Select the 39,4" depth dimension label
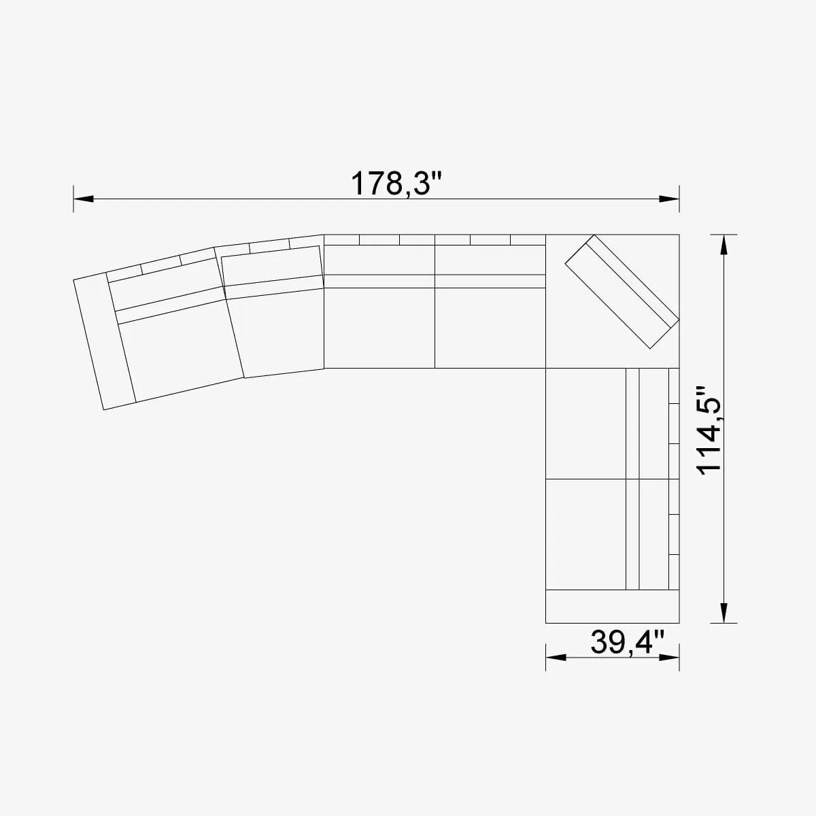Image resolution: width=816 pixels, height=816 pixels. [627, 642]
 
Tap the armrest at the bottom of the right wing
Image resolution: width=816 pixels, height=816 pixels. [612, 606]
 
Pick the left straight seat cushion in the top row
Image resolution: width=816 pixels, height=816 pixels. [379, 328]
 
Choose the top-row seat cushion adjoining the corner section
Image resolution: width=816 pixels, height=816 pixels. [490, 328]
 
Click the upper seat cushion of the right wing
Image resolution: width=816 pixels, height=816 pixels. [585, 424]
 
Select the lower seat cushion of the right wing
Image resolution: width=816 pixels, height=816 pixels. [585, 534]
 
